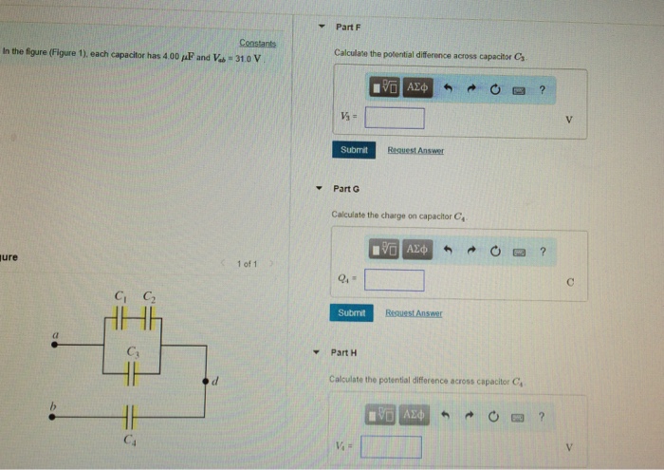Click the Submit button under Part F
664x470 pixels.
click(x=353, y=150)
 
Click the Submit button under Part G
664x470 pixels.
click(x=351, y=312)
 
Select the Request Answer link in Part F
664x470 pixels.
click(x=415, y=151)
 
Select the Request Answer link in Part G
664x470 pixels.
click(x=413, y=312)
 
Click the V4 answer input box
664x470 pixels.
click(x=391, y=445)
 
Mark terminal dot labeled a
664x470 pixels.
click(x=55, y=346)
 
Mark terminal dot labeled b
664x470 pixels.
click(x=54, y=416)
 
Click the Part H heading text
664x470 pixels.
click(x=342, y=352)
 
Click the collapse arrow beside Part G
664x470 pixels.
click(x=320, y=188)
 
